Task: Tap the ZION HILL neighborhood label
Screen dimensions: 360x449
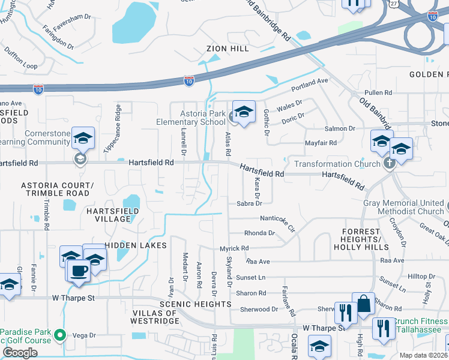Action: [x=228, y=49]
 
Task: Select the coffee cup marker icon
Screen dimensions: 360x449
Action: [x=79, y=271]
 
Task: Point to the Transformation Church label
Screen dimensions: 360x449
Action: [x=334, y=164]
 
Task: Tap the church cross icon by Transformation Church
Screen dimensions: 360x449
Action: [x=389, y=163]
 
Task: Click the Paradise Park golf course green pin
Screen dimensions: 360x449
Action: [x=59, y=334]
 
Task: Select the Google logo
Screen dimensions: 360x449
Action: [x=20, y=352]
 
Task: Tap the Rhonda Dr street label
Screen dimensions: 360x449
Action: [x=259, y=233]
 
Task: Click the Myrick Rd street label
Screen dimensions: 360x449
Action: [x=234, y=248]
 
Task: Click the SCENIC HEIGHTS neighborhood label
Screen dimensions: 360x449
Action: [x=195, y=305]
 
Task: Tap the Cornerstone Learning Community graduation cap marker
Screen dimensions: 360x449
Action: [x=83, y=138]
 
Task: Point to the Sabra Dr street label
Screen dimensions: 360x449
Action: [x=249, y=204]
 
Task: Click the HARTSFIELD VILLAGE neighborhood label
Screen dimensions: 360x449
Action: [x=112, y=215]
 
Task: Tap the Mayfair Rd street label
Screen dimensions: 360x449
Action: [x=321, y=143]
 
